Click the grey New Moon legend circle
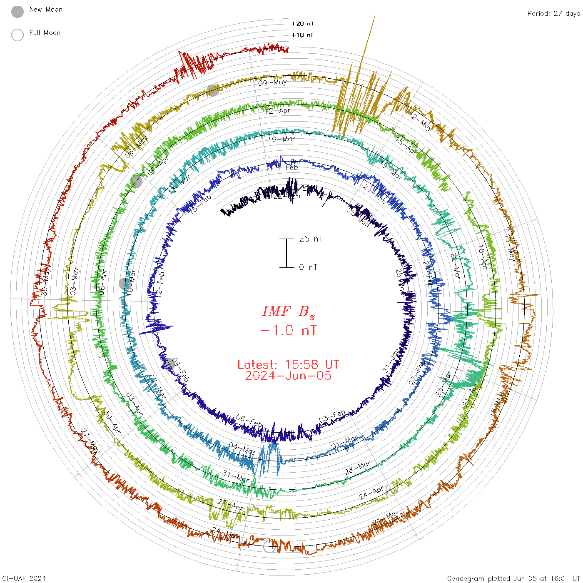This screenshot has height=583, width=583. (17, 12)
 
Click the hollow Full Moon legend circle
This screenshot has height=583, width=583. (17, 35)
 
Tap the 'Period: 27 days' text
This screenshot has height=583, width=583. (553, 14)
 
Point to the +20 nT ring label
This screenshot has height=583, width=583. (303, 24)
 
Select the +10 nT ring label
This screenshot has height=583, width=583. (303, 35)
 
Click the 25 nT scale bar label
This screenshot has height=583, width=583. (311, 239)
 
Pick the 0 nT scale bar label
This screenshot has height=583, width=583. (308, 267)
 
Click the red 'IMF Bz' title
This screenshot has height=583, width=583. (288, 311)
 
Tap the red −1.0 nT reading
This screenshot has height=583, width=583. (288, 331)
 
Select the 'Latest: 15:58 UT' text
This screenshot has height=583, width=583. (288, 365)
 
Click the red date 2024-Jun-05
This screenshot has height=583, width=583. (288, 376)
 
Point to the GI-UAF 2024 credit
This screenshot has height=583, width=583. (24, 578)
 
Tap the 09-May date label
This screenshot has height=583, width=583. (273, 82)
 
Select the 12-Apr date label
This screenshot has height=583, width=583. (278, 111)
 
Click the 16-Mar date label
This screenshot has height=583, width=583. (282, 139)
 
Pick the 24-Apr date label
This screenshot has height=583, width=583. (371, 493)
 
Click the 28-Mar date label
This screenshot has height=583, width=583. (357, 468)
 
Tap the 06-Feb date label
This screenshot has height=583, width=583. (249, 421)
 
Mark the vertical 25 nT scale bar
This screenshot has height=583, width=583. (287, 253)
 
